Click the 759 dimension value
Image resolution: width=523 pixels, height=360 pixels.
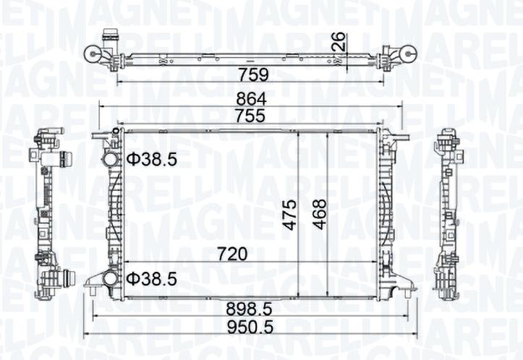click(x=253, y=74)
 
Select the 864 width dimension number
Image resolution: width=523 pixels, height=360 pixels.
click(x=252, y=99)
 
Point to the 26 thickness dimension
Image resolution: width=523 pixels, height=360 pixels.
click(x=340, y=42)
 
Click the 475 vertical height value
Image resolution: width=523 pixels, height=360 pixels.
click(x=289, y=215)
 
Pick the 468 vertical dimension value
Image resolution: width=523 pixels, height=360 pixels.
click(x=319, y=214)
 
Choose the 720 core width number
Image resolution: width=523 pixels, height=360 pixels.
click(x=232, y=254)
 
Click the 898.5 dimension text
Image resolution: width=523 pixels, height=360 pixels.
click(x=249, y=309)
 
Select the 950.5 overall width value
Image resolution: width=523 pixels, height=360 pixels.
click(x=250, y=327)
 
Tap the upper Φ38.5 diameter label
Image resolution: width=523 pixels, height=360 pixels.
click(x=152, y=160)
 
